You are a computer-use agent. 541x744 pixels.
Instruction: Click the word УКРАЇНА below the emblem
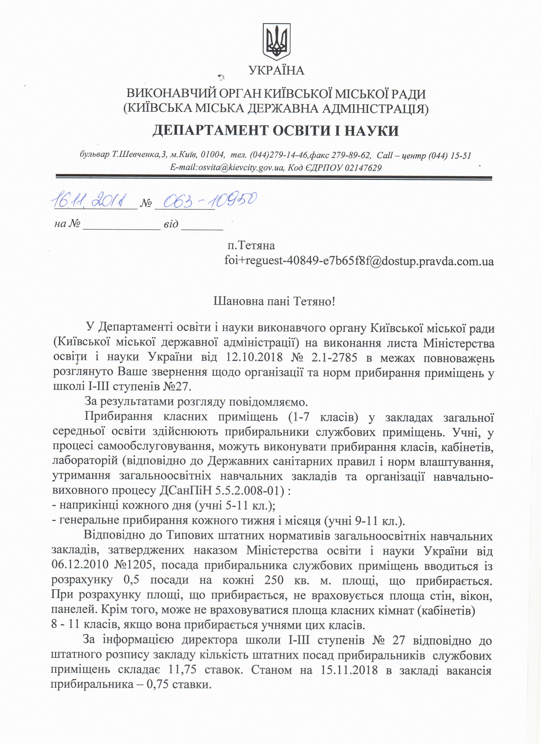[x=276, y=70]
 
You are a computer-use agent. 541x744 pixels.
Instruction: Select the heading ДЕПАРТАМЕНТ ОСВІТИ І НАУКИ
[x=276, y=131]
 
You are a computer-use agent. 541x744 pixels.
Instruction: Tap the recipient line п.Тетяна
[x=251, y=245]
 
